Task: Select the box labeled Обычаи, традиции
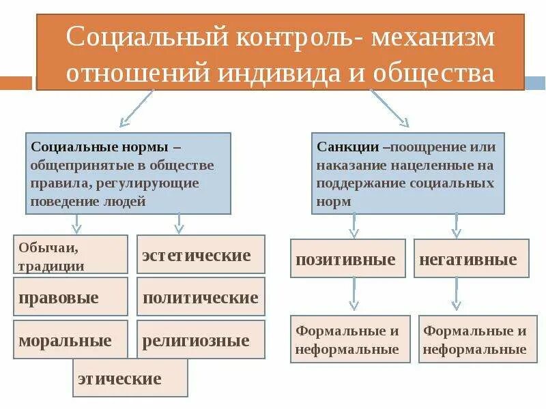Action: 70,254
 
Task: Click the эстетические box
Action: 201,255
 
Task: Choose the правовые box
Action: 70,297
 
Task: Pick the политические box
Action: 201,297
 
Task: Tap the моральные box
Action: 70,339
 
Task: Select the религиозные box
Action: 201,339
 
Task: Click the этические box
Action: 130,378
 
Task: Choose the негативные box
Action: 471,258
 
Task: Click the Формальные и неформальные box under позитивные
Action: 350,339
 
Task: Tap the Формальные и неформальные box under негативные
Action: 474,339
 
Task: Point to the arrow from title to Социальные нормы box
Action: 136,109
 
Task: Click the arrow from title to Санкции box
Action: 389,109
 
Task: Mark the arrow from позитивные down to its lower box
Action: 354,294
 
